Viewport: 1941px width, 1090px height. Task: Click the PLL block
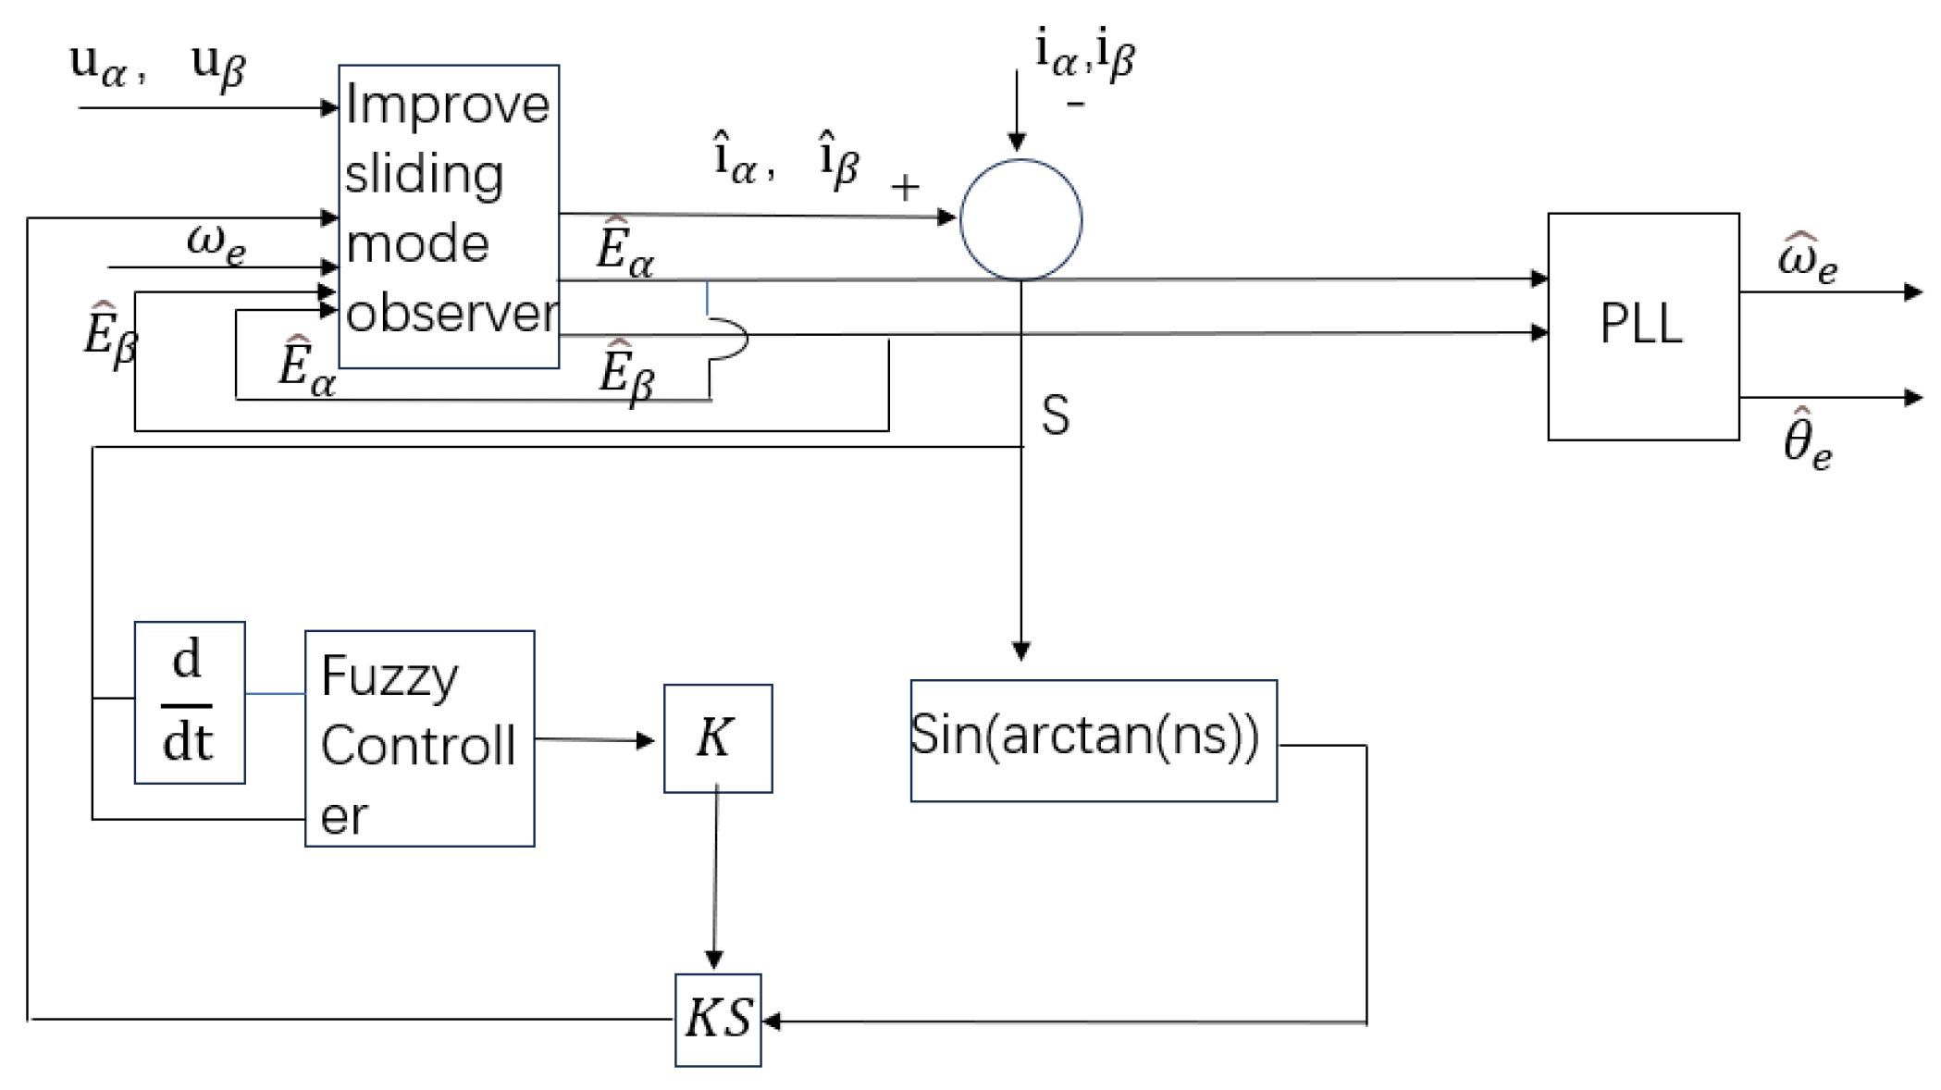click(x=1642, y=326)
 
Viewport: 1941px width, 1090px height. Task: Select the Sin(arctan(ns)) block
click(x=1093, y=739)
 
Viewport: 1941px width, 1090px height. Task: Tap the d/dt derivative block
click(x=189, y=702)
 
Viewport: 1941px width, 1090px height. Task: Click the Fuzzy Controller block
click(x=419, y=738)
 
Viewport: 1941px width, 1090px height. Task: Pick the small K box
click(x=717, y=738)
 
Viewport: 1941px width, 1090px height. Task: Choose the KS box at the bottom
click(x=717, y=1019)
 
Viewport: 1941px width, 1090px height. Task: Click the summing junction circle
click(x=1020, y=219)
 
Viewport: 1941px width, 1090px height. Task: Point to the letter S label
click(x=1055, y=415)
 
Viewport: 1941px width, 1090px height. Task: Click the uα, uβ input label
click(x=157, y=65)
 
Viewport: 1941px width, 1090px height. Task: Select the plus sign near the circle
click(x=905, y=188)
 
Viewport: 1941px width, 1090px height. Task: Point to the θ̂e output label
click(x=1807, y=440)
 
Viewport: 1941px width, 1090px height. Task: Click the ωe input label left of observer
click(x=216, y=242)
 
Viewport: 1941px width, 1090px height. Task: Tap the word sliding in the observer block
click(x=424, y=174)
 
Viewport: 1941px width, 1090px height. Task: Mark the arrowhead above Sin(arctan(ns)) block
click(x=1020, y=651)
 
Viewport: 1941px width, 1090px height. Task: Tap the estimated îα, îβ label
click(x=786, y=159)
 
